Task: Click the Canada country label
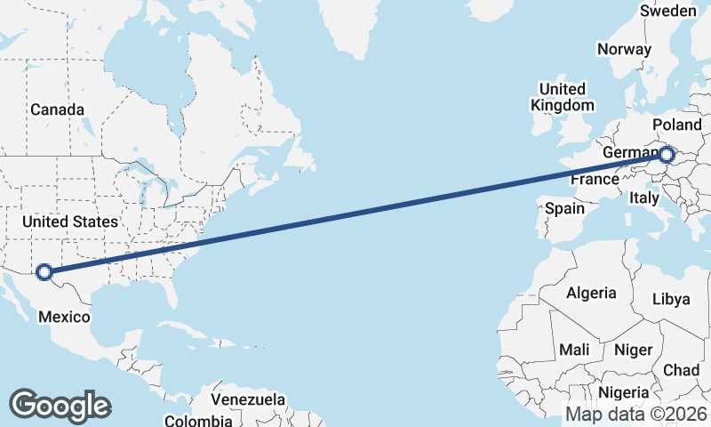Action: pos(57,109)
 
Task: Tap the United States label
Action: pos(70,222)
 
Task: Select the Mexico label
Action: pos(63,318)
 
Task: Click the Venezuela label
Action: pos(249,399)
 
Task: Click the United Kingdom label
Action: pos(562,97)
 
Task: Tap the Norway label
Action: pos(624,49)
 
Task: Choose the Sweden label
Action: pos(668,11)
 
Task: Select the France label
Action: pos(595,180)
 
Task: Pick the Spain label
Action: pos(565,209)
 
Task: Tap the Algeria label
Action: pos(591,293)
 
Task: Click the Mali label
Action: pos(574,350)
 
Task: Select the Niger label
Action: pos(633,350)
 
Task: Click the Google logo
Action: pos(60,405)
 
